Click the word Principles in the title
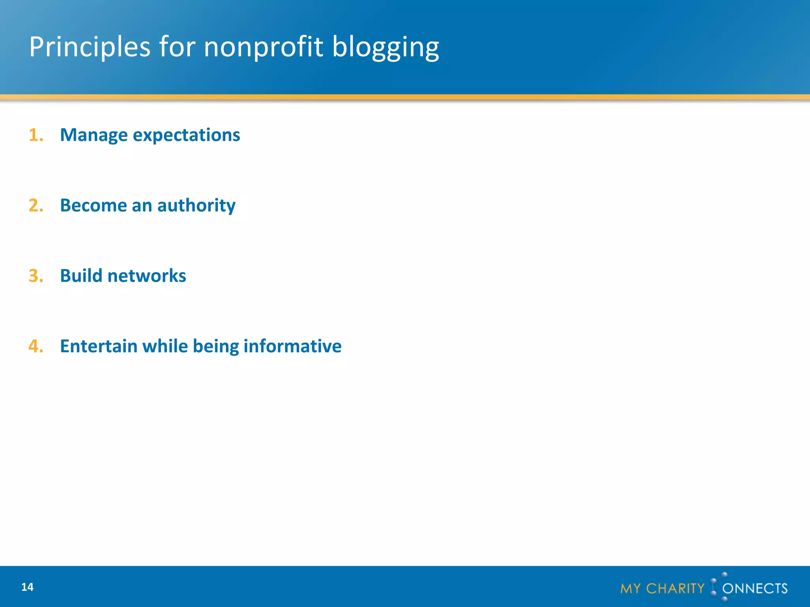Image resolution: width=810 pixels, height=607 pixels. click(x=90, y=47)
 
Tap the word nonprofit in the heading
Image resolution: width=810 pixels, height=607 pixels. click(x=263, y=47)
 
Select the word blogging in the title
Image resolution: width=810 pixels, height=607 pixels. click(x=385, y=47)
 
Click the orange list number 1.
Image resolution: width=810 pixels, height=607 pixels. click(x=35, y=135)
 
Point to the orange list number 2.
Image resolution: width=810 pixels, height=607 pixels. click(x=36, y=205)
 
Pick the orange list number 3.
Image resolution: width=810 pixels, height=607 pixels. click(x=36, y=276)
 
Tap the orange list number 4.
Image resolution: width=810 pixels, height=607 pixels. click(x=36, y=346)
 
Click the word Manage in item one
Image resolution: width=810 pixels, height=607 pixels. click(x=94, y=135)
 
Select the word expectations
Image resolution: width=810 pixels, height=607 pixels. click(x=186, y=135)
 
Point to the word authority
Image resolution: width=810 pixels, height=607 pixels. click(x=196, y=205)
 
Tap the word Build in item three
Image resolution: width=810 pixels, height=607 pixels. click(x=81, y=276)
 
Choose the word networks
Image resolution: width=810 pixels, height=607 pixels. click(x=147, y=276)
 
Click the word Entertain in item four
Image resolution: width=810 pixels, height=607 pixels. click(x=98, y=346)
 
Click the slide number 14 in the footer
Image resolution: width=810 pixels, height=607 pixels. click(x=27, y=587)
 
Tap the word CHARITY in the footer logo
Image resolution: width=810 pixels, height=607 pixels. click(x=675, y=588)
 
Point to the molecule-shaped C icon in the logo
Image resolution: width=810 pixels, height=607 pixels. click(x=718, y=587)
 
